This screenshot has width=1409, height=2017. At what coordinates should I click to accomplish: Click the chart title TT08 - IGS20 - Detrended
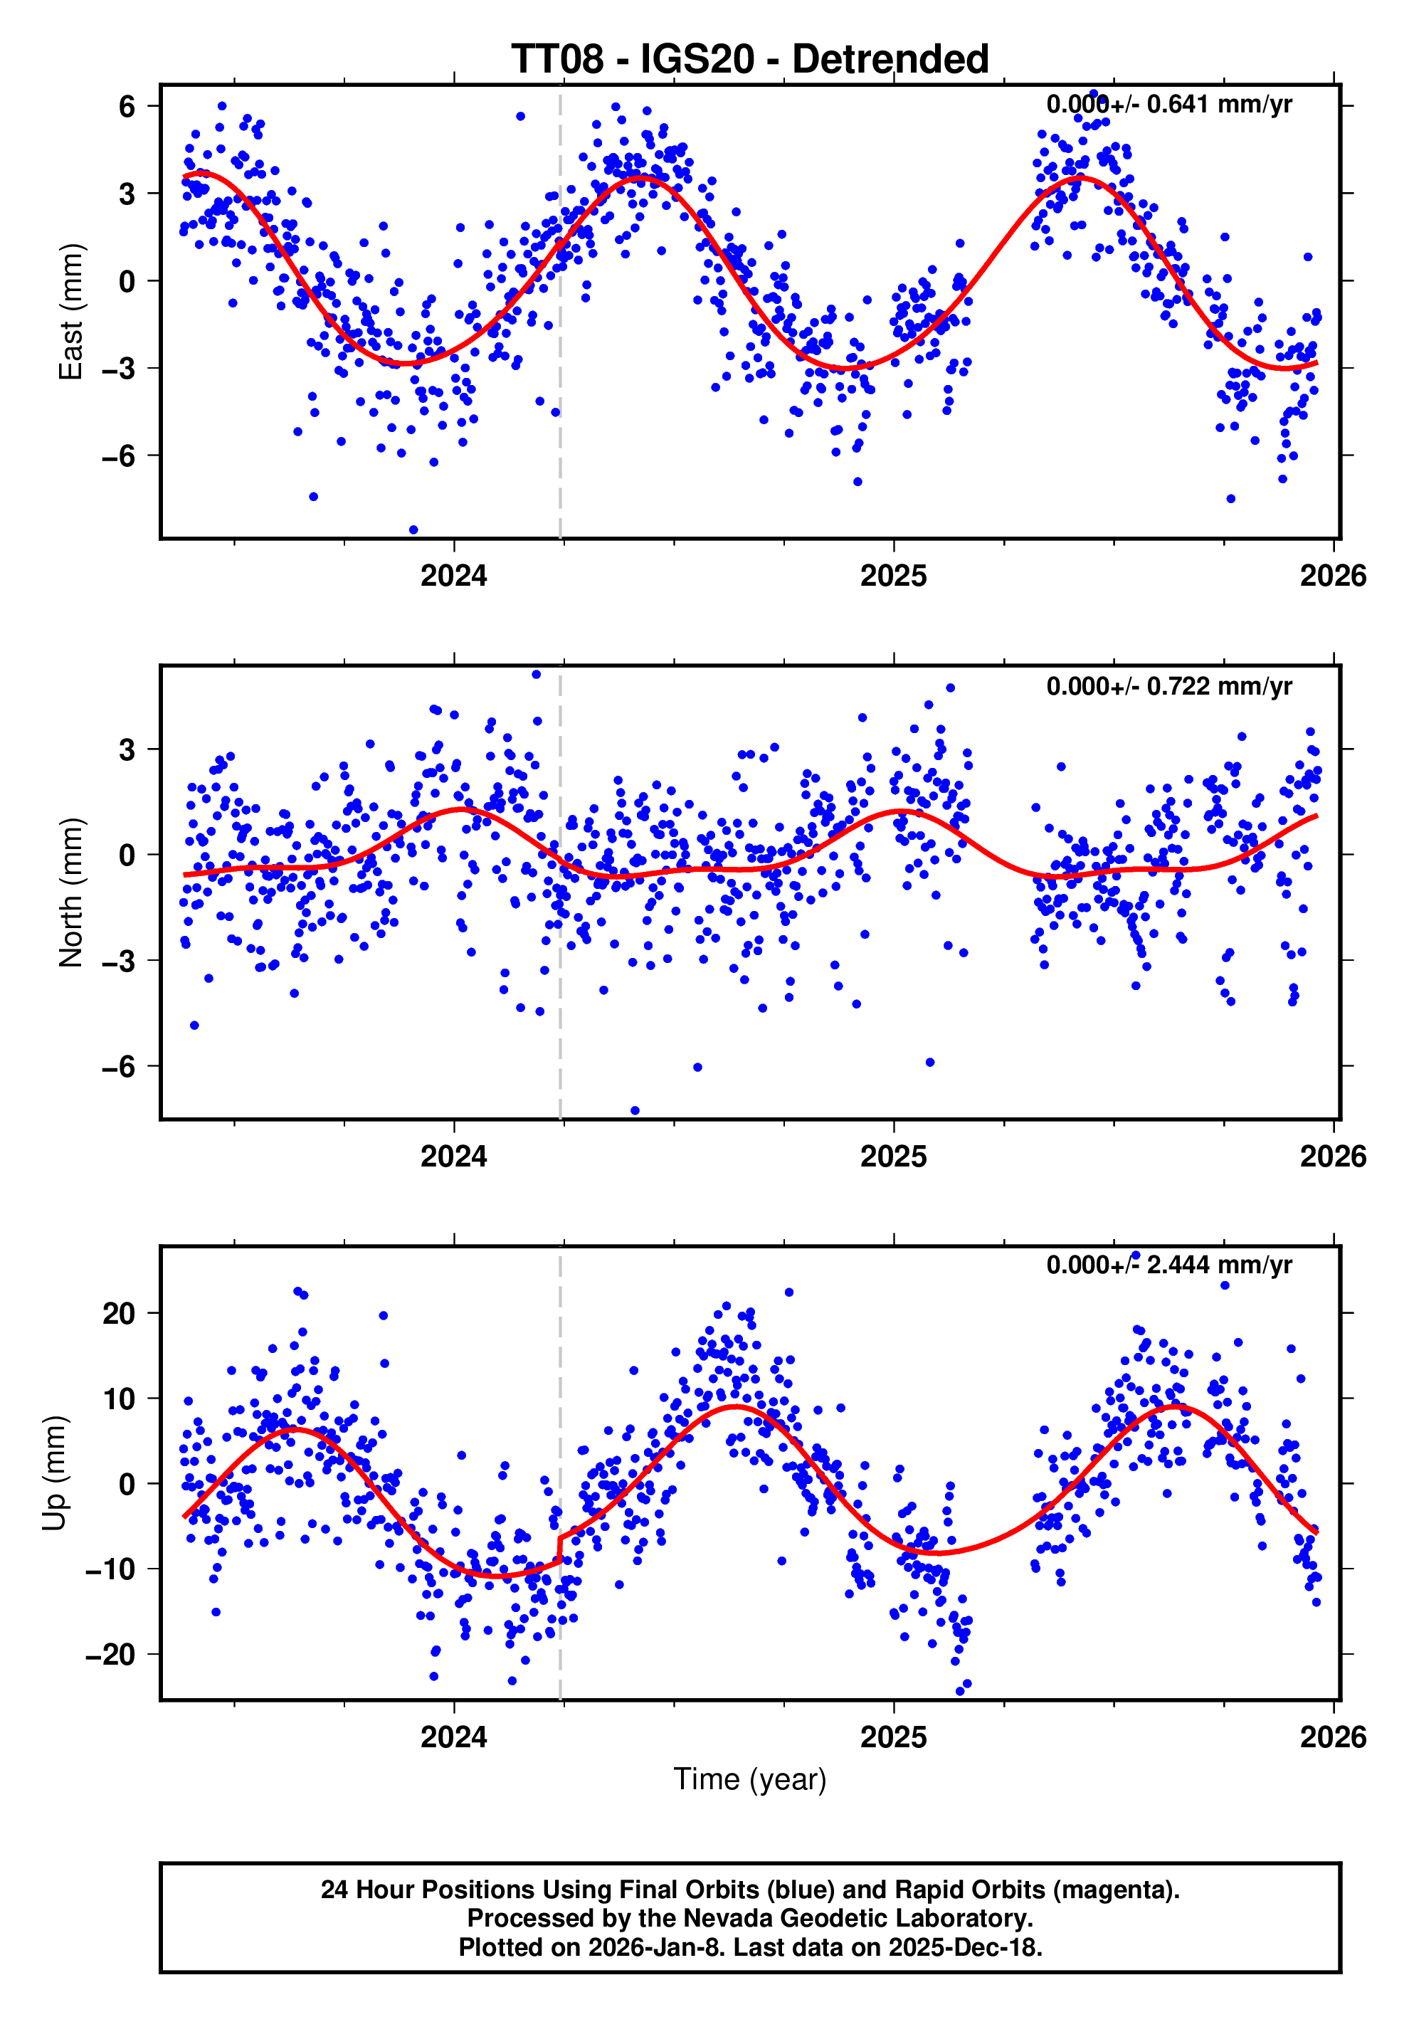tap(749, 60)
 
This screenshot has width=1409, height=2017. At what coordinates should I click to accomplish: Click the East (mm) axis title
tap(70, 312)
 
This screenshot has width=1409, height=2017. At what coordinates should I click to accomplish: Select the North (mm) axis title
tap(70, 892)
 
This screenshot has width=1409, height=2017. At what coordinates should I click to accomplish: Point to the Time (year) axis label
tap(749, 1779)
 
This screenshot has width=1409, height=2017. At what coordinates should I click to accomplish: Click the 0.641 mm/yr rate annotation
tap(1168, 105)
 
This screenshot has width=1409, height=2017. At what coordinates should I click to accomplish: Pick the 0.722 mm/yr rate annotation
tap(1168, 686)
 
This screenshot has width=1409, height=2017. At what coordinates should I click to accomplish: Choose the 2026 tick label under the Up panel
tap(1333, 1737)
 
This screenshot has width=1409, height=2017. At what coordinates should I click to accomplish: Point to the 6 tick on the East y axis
tap(127, 106)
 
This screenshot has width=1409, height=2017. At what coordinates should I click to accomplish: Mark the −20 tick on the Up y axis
tap(111, 1655)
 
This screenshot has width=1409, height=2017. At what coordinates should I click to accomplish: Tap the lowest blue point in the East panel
tap(413, 530)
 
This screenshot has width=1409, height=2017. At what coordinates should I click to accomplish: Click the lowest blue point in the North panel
tap(635, 1110)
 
